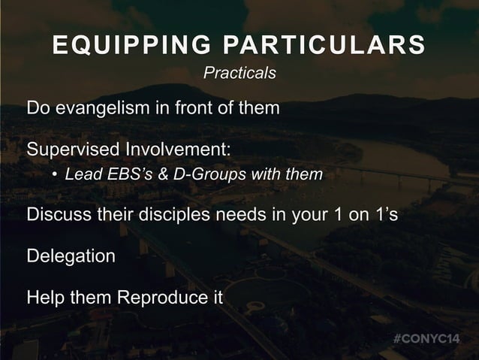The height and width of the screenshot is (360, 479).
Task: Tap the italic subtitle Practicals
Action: [x=239, y=74]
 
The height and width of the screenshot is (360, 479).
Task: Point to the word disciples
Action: [x=173, y=217]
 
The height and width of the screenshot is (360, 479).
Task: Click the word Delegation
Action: [x=71, y=256]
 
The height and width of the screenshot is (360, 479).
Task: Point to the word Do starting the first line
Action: [x=38, y=108]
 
